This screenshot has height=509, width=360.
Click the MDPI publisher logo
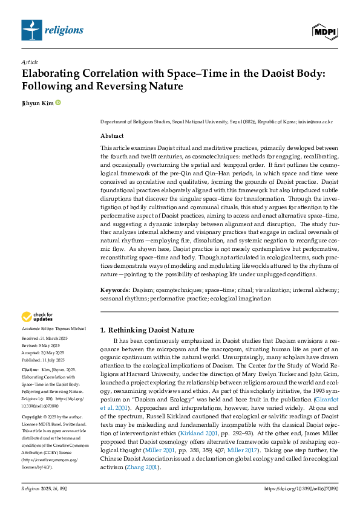tap(325, 31)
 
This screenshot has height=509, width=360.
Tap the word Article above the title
tap(30, 62)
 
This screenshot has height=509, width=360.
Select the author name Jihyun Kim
tap(37, 103)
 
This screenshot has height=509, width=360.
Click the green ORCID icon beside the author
tap(58, 103)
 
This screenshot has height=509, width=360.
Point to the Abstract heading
tap(112, 136)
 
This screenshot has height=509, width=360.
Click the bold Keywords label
tap(115, 290)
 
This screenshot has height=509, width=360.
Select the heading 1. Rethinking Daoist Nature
tap(147, 330)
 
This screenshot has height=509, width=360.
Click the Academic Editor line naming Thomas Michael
tap(54, 328)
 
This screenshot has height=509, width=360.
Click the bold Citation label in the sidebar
tap(30, 368)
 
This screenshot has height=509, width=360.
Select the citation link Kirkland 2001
tap(209, 434)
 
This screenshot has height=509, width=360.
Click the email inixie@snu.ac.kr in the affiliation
tap(315, 122)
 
